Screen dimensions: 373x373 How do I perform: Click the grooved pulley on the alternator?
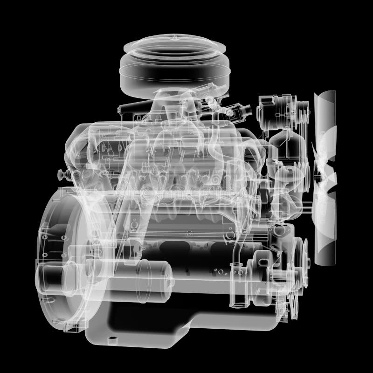click(302, 112)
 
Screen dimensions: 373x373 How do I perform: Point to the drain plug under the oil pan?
click(111, 338)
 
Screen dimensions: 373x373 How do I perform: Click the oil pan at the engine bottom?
click(186, 322)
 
